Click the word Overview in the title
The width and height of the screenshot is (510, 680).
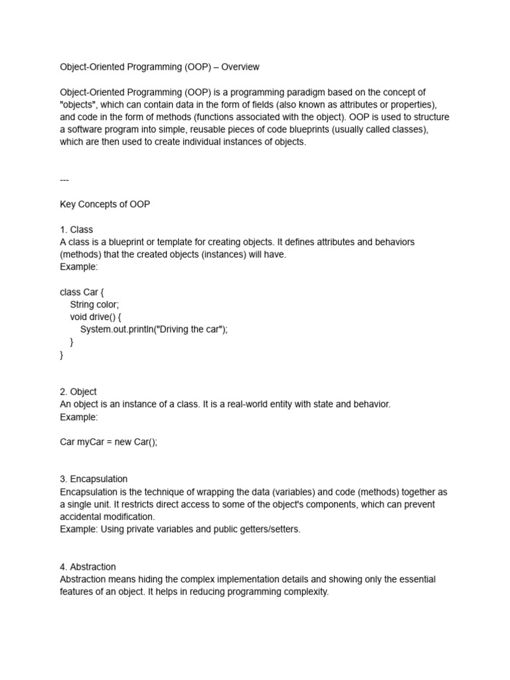[x=240, y=67]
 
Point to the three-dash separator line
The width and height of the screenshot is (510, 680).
[x=64, y=179]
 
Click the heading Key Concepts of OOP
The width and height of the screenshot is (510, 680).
[x=105, y=205]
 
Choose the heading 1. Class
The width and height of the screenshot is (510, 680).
[x=76, y=230]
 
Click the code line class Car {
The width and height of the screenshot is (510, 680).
[x=82, y=292]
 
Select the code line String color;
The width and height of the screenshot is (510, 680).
[x=94, y=305]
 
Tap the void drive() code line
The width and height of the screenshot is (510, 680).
[x=100, y=317]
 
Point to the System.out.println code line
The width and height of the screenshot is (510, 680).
[x=153, y=329]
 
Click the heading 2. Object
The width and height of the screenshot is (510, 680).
[x=78, y=392]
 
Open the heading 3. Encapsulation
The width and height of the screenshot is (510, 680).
[x=94, y=479]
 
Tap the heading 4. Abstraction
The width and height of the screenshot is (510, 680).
[x=88, y=566]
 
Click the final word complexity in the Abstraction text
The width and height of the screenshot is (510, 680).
[x=305, y=592]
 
